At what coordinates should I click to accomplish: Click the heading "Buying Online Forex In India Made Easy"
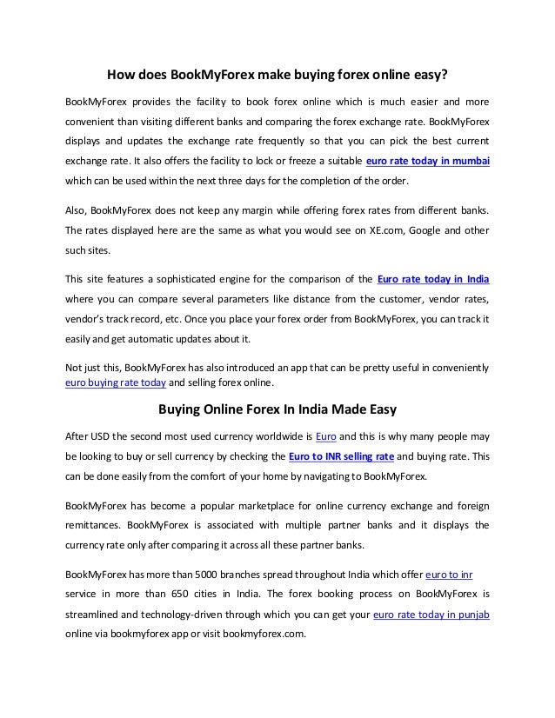(277, 408)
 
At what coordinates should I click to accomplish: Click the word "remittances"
(93, 526)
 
